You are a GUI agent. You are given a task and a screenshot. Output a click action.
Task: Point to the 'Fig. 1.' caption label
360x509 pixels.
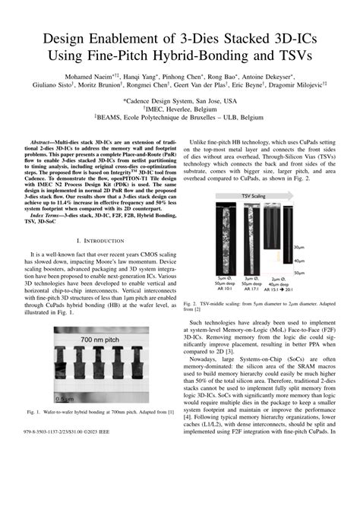pyautogui.click(x=36, y=432)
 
